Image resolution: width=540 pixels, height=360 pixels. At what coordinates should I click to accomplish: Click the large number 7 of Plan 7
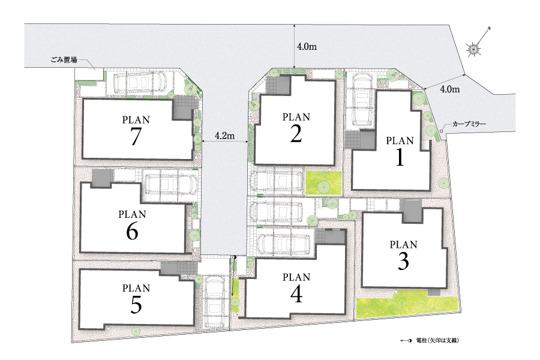136,136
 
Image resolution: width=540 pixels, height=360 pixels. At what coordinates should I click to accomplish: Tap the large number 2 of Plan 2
296,134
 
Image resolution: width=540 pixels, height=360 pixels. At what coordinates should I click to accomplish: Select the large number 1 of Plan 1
400,157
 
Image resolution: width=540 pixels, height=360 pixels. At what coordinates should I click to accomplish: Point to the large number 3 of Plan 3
403,261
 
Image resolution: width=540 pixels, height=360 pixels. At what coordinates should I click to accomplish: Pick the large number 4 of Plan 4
296,294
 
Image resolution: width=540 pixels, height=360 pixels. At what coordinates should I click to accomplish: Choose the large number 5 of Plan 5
136,305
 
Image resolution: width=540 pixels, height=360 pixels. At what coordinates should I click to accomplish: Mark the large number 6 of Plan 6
132,231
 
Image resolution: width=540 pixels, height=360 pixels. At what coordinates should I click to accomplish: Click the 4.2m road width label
224,136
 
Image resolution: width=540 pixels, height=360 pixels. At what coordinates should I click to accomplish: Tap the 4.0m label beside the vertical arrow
307,47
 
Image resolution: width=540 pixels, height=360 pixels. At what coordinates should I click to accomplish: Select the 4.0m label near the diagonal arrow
450,89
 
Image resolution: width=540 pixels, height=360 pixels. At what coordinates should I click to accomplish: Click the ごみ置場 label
64,60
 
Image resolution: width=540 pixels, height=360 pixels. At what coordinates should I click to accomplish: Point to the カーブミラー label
469,124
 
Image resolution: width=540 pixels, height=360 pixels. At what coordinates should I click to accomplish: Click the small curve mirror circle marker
441,131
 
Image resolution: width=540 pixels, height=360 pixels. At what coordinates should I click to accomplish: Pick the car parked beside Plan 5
215,301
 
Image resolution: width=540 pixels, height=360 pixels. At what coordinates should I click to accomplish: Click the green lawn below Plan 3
407,303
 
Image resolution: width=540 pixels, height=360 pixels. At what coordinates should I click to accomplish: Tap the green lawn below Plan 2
323,183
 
